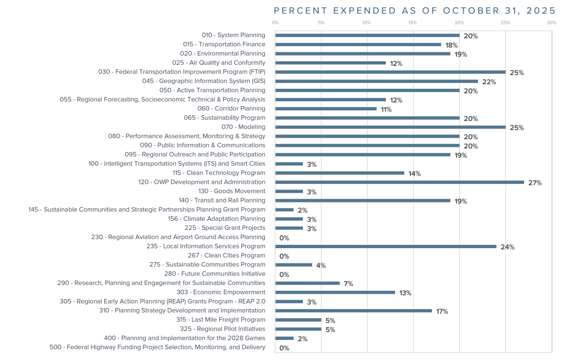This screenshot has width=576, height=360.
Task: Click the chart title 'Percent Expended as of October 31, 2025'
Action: (414, 11)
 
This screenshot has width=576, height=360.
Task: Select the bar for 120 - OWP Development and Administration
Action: (399, 182)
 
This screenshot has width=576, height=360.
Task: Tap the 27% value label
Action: (535, 183)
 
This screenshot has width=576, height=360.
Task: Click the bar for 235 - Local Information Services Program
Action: (385, 247)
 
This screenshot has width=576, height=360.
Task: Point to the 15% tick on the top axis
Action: (412, 23)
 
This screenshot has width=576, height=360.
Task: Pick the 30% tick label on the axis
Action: (551, 23)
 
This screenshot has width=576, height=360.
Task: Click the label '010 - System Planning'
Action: (233, 35)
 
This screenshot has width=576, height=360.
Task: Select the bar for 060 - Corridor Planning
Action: (326, 109)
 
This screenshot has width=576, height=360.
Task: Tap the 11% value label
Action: (386, 109)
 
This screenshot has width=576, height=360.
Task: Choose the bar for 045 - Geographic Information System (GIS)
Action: (376, 81)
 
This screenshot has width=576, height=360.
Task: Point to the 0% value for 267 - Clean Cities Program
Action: (284, 256)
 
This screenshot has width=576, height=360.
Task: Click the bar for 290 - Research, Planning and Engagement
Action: (307, 283)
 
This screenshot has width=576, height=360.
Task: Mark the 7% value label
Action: (348, 284)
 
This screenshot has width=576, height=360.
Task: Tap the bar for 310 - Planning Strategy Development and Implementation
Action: (353, 311)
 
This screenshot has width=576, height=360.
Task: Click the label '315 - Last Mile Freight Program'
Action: (220, 320)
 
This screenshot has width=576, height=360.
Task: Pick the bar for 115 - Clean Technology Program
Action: (339, 173)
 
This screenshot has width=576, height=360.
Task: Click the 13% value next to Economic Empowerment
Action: (405, 293)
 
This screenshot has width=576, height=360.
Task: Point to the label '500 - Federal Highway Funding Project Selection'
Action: (157, 347)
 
